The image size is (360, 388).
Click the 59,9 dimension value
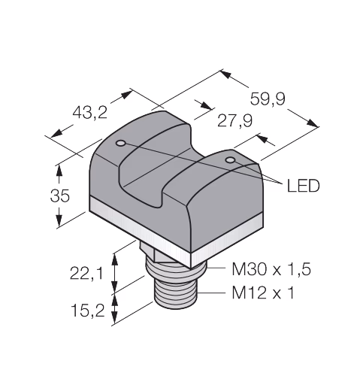click(268, 99)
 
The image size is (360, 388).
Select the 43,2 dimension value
click(89, 112)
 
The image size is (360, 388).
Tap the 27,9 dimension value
click(234, 121)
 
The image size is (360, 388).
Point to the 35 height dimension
click(60, 196)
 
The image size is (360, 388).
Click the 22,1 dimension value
click(86, 273)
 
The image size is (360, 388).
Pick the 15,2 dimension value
click(88, 311)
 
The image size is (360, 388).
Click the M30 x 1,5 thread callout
click(271, 269)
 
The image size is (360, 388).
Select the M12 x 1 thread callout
click(262, 293)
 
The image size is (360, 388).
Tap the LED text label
click(303, 186)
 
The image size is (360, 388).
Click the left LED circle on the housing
click(120, 143)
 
